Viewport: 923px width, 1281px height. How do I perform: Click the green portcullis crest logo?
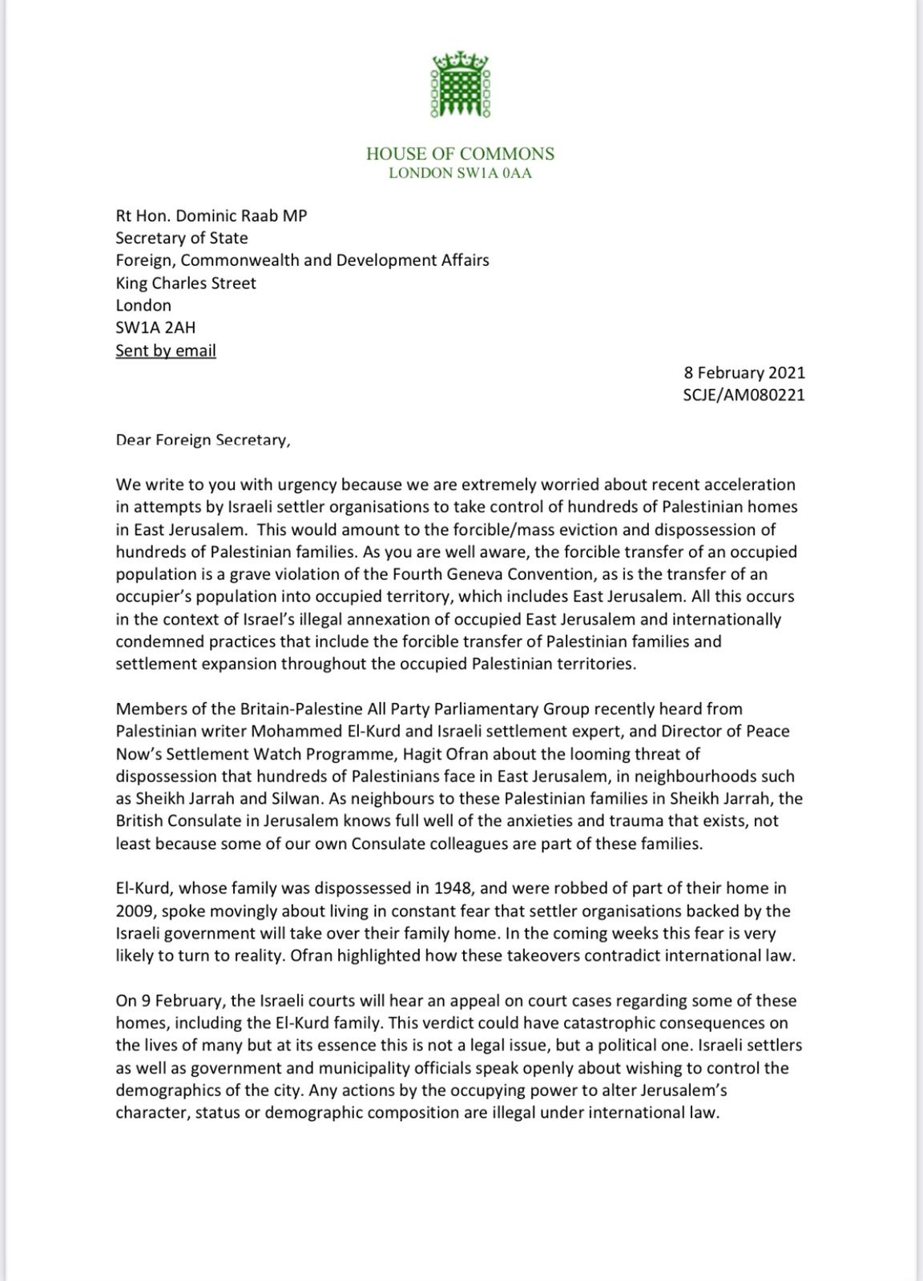click(x=461, y=84)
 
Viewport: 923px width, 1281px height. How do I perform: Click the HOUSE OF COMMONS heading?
click(x=460, y=153)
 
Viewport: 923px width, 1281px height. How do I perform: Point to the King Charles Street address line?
click(x=186, y=283)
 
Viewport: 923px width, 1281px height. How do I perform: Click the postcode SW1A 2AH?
click(x=155, y=327)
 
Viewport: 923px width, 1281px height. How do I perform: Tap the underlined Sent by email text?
click(x=166, y=351)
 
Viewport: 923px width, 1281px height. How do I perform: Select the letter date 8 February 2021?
click(x=744, y=372)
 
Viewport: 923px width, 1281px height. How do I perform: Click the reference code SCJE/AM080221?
click(x=744, y=395)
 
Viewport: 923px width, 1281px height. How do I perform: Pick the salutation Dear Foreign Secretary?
click(x=203, y=440)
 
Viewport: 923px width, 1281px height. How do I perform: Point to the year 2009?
click(x=134, y=910)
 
